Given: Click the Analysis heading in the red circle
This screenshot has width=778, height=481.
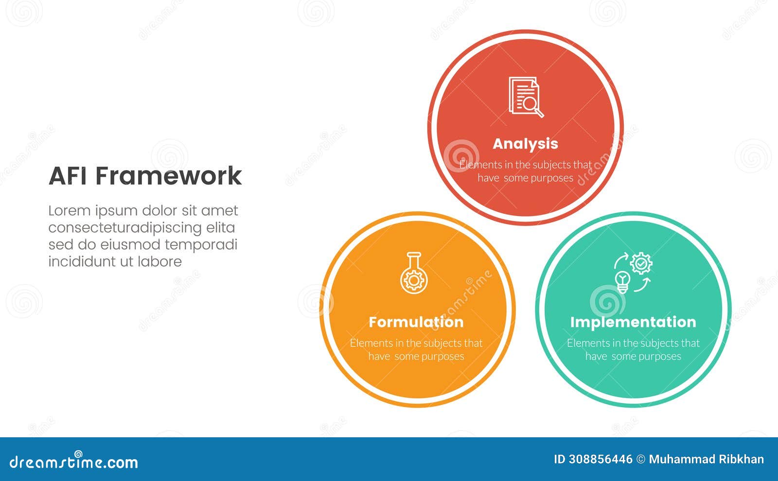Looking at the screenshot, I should pyautogui.click(x=525, y=144).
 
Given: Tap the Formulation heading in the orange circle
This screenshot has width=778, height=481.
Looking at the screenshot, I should pyautogui.click(x=416, y=322).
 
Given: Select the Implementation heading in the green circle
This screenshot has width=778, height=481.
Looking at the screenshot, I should pyautogui.click(x=633, y=322).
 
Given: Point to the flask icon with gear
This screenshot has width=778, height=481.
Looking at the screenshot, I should pyautogui.click(x=414, y=273).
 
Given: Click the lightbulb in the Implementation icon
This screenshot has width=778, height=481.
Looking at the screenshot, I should pyautogui.click(x=623, y=281).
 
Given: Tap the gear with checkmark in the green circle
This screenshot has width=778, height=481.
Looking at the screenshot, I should pyautogui.click(x=641, y=263).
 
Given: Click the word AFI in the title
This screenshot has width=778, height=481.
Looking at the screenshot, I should pyautogui.click(x=69, y=176).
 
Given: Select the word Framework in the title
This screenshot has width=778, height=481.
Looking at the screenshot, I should pyautogui.click(x=168, y=176).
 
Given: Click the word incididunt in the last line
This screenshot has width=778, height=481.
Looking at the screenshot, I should pyautogui.click(x=82, y=261).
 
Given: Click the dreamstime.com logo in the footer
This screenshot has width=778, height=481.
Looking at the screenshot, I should pyautogui.click(x=74, y=462).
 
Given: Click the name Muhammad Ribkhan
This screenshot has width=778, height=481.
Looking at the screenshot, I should pyautogui.click(x=706, y=460).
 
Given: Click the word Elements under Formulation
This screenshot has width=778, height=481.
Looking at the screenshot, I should pyautogui.click(x=371, y=344).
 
